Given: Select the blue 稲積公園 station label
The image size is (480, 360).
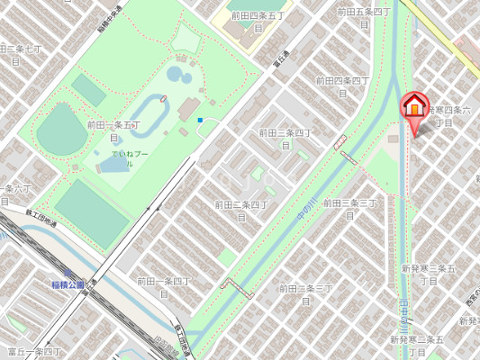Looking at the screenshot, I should (68, 284).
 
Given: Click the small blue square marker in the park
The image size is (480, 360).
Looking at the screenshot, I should (200, 120).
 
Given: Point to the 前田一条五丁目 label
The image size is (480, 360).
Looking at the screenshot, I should (113, 130).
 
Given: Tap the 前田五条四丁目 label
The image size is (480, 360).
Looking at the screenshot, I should (364, 17).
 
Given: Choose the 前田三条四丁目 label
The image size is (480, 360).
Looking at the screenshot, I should (285, 138).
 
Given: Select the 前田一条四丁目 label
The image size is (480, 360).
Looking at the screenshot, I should (164, 286).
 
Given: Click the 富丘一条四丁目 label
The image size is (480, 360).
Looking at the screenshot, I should (34, 352).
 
